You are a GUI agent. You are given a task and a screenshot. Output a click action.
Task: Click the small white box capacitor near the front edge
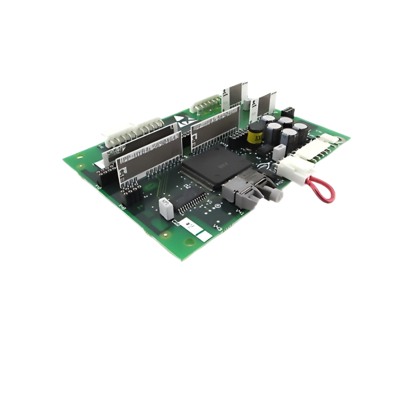click(164, 207)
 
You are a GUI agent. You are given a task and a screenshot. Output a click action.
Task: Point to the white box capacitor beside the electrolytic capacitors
click(279, 152)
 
